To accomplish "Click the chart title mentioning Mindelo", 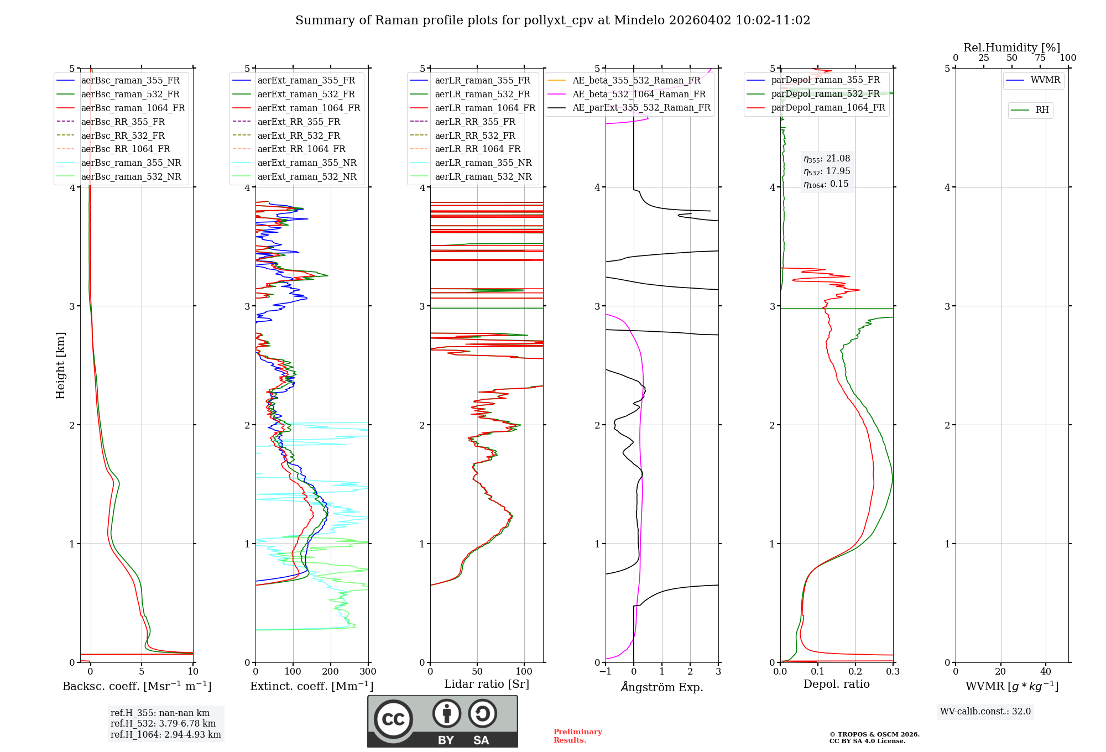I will (552, 20).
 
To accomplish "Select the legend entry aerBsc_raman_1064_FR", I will (133, 108).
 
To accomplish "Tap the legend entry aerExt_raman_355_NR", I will (307, 163).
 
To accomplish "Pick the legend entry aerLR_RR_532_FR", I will (474, 135).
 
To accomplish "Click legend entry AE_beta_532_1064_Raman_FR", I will (639, 94).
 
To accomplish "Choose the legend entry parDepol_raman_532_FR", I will (825, 94).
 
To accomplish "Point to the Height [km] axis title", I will (60, 365).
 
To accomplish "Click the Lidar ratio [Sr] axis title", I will (486, 684).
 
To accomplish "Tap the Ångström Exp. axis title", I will (661, 687).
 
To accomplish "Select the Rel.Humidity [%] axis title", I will (1011, 48).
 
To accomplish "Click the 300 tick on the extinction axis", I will (368, 672).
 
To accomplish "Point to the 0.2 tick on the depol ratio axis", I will (855, 672).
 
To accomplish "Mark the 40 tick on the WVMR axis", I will (1045, 672).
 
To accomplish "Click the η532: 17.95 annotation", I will (827, 171).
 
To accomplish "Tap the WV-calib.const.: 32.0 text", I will (985, 711).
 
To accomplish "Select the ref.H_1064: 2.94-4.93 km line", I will (165, 734).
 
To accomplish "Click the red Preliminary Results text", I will (577, 735).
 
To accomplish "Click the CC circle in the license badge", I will (393, 719).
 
